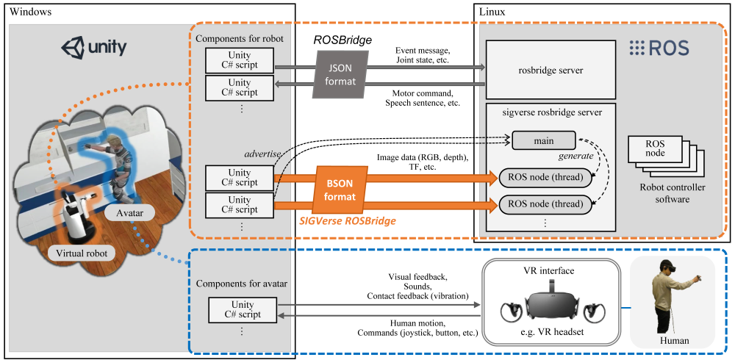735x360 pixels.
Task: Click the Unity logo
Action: (x=93, y=48)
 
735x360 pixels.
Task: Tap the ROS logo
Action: (x=659, y=48)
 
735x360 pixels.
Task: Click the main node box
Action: (x=545, y=140)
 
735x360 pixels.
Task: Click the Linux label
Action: (x=492, y=12)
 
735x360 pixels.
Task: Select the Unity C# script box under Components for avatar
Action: (x=243, y=309)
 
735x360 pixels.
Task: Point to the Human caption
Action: (x=674, y=340)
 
